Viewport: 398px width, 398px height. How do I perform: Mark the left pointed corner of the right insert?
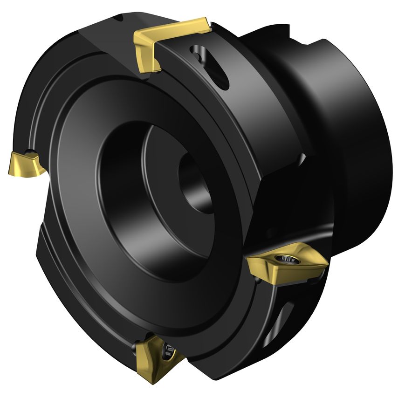(249, 261)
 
